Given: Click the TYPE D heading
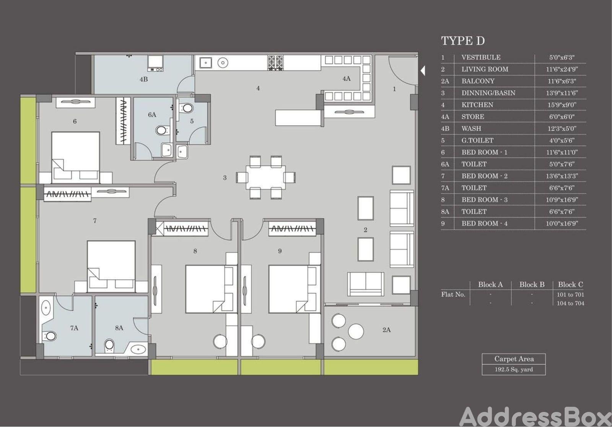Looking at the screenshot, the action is click(463, 41).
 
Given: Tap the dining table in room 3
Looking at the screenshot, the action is click(265, 177).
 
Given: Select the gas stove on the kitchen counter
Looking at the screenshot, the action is click(275, 63).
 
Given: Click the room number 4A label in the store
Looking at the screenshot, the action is click(347, 79).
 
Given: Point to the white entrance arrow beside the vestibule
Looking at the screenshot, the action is click(423, 71).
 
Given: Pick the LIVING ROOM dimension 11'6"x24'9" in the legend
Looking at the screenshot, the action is click(562, 69).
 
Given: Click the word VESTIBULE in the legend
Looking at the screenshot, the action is click(481, 57).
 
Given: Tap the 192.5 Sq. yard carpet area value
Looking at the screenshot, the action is click(514, 369).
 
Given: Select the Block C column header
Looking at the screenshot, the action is click(570, 284).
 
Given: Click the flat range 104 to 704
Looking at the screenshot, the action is click(570, 303).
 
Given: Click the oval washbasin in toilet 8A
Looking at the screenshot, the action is click(138, 349).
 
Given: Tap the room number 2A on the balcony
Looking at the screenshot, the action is click(386, 330).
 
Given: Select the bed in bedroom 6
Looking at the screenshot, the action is click(76, 157).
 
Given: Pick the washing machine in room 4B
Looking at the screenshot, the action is click(155, 63).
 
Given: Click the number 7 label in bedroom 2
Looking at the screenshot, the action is click(95, 221).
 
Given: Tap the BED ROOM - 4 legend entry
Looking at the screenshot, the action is click(484, 224).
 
